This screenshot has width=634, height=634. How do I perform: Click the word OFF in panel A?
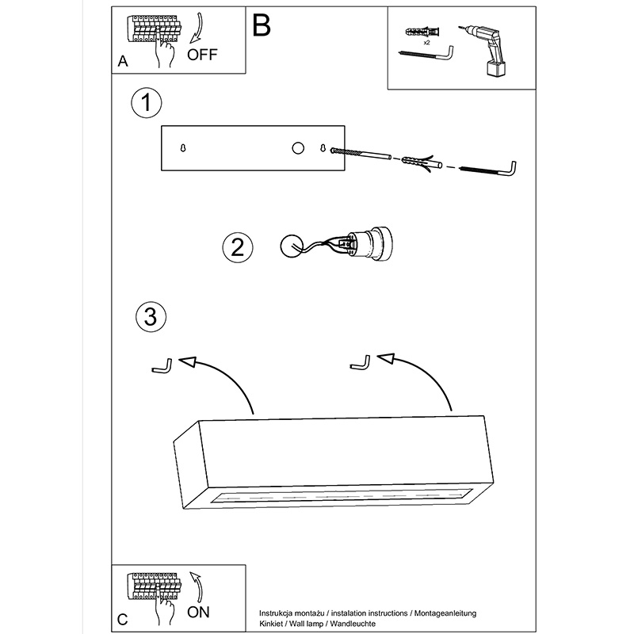(202, 55)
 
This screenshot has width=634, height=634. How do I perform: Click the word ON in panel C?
(199, 612)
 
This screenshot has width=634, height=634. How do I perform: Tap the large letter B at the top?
(262, 25)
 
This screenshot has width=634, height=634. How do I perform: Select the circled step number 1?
(147, 103)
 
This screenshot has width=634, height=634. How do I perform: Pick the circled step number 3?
(151, 316)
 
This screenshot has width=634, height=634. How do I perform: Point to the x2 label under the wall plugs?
(426, 42)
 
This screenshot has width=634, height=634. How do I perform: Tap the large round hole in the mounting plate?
(298, 148)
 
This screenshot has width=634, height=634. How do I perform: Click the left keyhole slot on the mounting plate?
(184, 148)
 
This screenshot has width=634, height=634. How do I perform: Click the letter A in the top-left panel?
(121, 61)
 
